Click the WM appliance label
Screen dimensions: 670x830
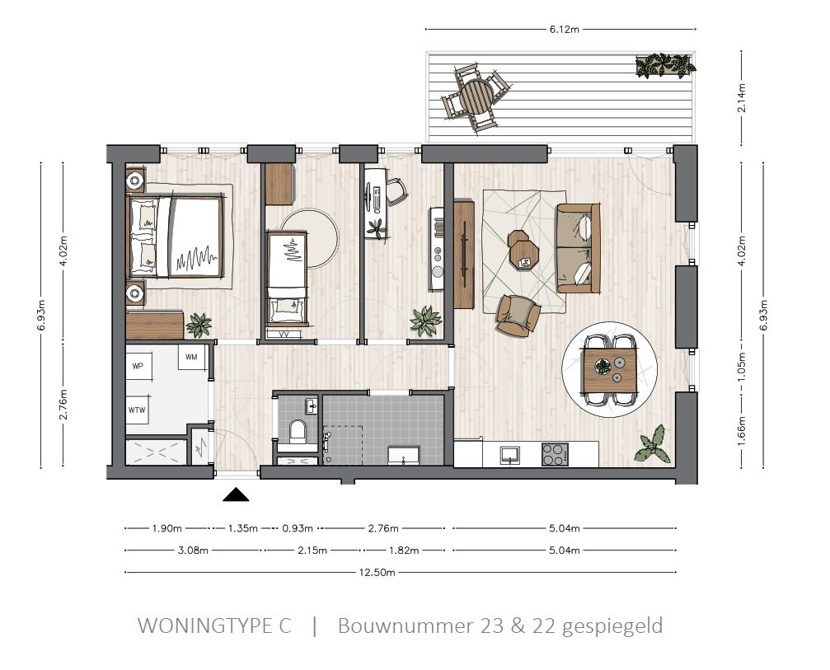(192, 357)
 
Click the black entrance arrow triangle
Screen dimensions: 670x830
(237, 494)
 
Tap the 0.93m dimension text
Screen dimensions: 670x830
(296, 528)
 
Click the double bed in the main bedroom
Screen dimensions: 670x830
(176, 237)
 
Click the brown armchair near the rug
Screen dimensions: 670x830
(518, 314)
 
